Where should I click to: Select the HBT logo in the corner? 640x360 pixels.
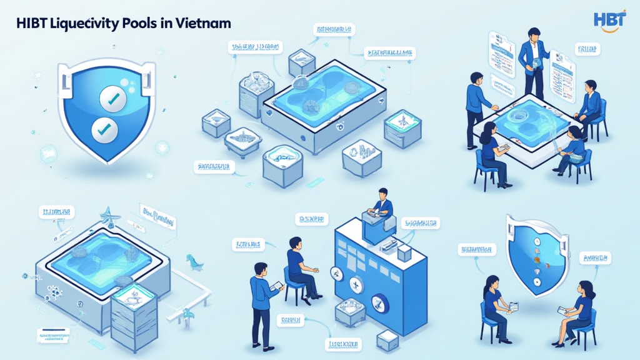609,20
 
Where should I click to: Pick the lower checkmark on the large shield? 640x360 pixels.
104,130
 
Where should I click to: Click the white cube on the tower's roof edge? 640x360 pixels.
404,252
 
